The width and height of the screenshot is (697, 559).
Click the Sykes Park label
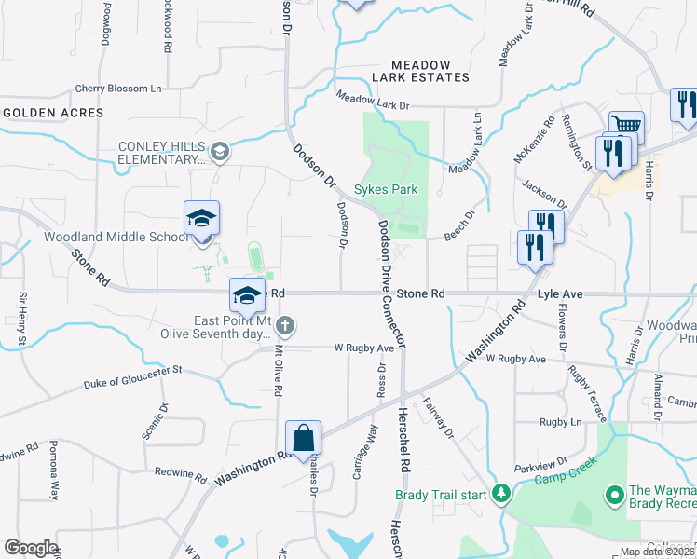391,189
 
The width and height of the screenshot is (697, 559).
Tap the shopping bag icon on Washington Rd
304,438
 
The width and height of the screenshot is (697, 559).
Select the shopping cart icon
626,126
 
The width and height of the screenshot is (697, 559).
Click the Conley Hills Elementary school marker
220,152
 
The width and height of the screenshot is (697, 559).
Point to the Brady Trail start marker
501,493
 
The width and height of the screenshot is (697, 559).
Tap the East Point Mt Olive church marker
286,326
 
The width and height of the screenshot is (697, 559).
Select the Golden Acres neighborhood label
53,113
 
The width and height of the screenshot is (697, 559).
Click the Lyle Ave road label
561,293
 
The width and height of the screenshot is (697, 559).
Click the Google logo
30,548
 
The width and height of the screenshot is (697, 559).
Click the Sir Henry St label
22,320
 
